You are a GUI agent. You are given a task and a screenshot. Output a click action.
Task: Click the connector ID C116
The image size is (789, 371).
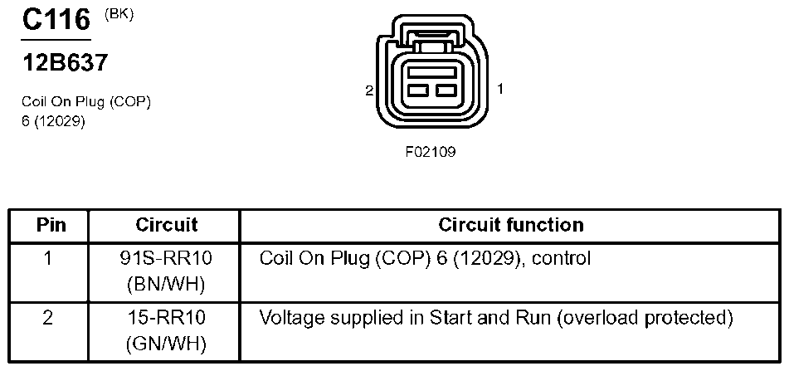pos(56,20)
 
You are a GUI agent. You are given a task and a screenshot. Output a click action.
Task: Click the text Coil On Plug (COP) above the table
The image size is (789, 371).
pos(86,102)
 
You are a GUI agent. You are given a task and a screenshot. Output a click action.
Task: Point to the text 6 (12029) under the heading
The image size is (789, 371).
pos(54,120)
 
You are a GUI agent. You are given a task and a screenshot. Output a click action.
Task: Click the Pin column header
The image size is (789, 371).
pos(49,225)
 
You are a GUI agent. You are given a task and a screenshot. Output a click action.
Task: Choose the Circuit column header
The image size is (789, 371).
pos(166,225)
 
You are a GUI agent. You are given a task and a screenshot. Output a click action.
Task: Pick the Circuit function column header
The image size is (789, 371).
pos(510,225)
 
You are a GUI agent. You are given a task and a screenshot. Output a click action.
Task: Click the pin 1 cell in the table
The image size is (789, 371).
pos(49,259)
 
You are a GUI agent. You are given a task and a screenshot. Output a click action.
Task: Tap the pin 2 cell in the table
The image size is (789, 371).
pos(49,318)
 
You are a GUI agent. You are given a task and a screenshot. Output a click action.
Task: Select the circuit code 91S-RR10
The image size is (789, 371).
pos(166,259)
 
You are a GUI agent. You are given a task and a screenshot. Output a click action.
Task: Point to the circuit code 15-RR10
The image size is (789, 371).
pos(166,318)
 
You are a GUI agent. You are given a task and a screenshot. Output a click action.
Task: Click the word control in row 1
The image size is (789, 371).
pos(561,259)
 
